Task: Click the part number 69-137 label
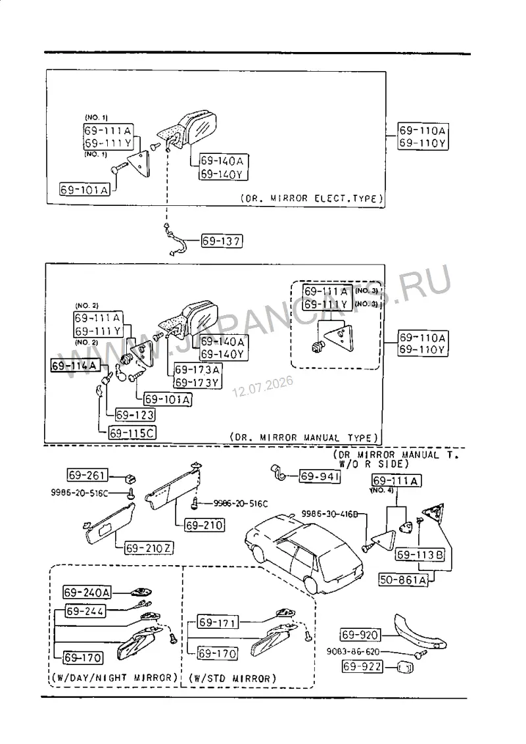click(x=222, y=241)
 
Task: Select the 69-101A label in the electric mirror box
click(x=85, y=190)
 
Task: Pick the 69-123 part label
click(x=135, y=415)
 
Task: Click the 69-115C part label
click(x=132, y=434)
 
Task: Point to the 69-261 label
click(x=87, y=475)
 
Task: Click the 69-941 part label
click(x=320, y=476)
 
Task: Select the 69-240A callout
click(x=87, y=593)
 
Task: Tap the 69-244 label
click(x=85, y=611)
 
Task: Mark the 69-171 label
click(x=218, y=622)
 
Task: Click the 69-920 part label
click(x=360, y=635)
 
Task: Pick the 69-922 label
click(x=362, y=666)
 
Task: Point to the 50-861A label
click(x=403, y=580)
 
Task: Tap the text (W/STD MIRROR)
click(x=232, y=678)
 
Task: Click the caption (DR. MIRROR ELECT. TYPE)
click(x=312, y=199)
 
